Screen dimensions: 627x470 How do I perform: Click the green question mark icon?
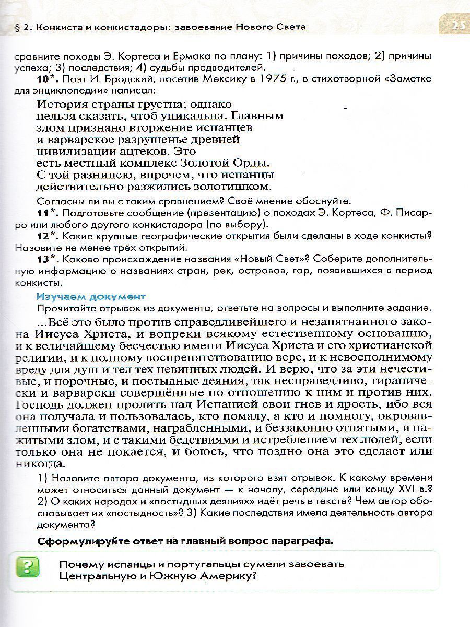pyautogui.click(x=28, y=567)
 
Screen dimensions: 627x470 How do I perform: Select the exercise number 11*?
pyautogui.click(x=49, y=214)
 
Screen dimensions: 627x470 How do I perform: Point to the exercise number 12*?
pyautogui.click(x=49, y=236)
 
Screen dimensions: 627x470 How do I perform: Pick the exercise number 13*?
pyautogui.click(x=49, y=259)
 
